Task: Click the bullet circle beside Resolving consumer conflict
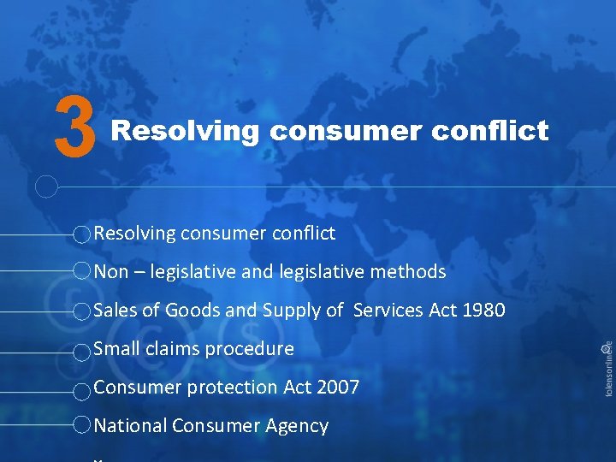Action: coord(80,234)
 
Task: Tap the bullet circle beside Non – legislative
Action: coord(80,272)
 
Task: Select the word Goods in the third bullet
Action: coord(192,311)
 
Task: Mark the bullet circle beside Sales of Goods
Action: coord(80,311)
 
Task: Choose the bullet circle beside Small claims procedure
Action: coord(80,351)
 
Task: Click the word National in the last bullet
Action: coord(129,426)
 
